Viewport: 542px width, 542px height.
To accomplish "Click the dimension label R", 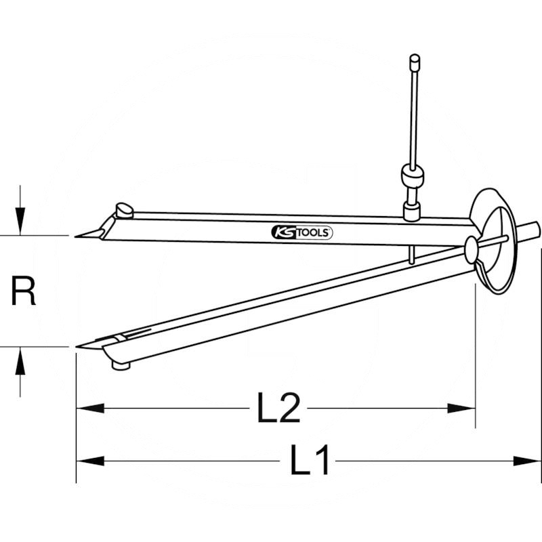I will coord(24,292).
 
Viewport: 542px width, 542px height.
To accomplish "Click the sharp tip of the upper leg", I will coord(77,236).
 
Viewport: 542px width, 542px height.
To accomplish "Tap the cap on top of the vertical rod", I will coord(415,62).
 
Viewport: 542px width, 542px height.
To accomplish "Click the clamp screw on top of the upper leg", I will coord(124,210).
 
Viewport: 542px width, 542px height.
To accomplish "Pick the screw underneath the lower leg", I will coord(121,366).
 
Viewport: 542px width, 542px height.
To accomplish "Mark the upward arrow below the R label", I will coord(22,362).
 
